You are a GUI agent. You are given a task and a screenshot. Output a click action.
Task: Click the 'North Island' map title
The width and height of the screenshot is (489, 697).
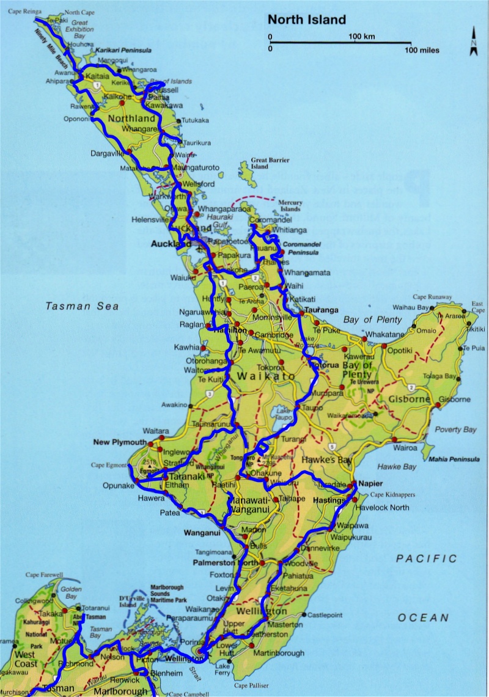tap(307, 20)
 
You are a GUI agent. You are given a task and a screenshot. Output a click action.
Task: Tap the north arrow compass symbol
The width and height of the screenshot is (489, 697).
tap(473, 42)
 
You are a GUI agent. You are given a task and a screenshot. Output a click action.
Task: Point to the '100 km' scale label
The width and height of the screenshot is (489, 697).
tap(361, 37)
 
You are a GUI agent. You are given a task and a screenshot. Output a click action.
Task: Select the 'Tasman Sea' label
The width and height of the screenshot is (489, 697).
tap(82, 306)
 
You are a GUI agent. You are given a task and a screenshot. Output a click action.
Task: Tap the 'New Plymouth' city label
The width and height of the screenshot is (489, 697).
tap(120, 442)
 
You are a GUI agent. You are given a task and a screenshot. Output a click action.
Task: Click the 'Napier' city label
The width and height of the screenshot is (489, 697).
tap(371, 482)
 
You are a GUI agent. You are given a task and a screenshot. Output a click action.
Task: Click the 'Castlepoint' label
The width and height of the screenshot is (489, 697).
tap(324, 615)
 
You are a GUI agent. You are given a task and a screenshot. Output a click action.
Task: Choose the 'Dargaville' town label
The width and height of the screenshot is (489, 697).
tap(108, 153)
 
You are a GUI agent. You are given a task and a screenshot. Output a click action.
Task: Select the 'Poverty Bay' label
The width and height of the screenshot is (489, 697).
tap(455, 429)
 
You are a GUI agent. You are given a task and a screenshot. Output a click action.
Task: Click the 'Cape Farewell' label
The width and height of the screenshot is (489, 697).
tap(43, 575)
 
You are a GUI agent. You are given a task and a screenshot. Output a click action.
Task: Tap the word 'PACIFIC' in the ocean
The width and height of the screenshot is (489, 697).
tap(426, 558)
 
